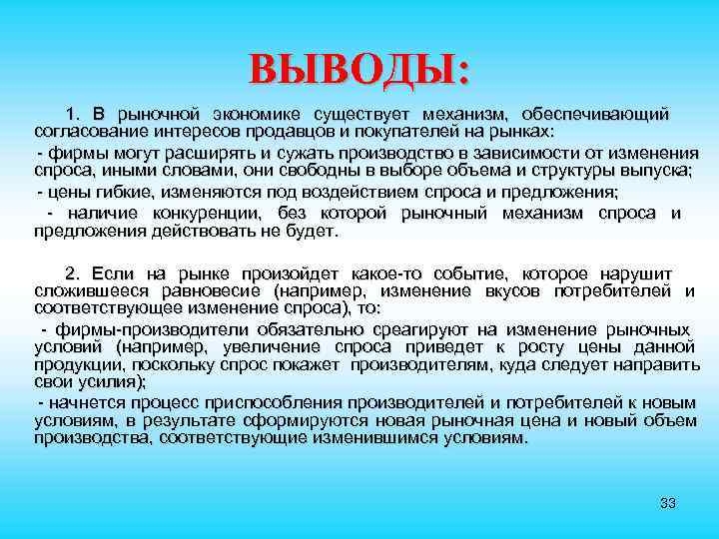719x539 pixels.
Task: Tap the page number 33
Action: click(x=668, y=502)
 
